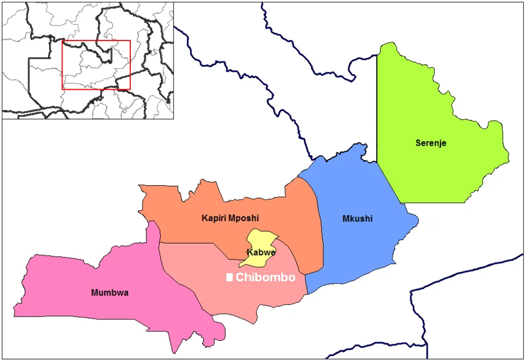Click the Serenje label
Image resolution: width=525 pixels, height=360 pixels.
pyautogui.click(x=431, y=143)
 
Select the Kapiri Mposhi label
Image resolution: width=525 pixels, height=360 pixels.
pyautogui.click(x=230, y=218)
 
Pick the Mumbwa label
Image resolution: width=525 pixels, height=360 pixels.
pyautogui.click(x=110, y=293)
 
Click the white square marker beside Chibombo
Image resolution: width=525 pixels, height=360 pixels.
pyautogui.click(x=229, y=278)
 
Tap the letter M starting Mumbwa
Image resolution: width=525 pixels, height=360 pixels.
pyautogui.click(x=95, y=293)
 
